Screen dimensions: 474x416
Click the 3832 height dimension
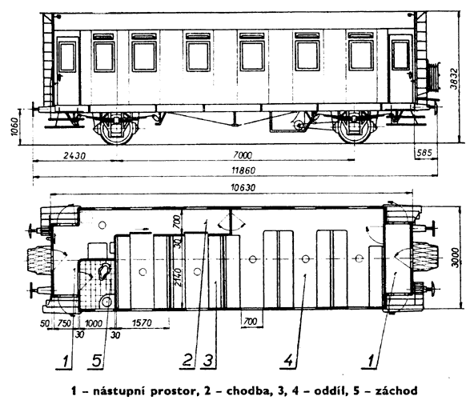click(x=454, y=79)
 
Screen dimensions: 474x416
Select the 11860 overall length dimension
click(x=243, y=170)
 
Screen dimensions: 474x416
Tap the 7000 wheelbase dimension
click(x=243, y=155)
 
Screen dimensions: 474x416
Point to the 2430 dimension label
click(x=74, y=156)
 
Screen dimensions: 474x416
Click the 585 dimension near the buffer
click(x=424, y=153)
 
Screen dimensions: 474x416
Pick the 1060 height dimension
click(x=14, y=126)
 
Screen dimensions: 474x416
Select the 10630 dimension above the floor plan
click(x=243, y=188)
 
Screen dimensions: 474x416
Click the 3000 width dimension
click(x=456, y=258)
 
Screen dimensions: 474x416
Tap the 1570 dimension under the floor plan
click(x=142, y=322)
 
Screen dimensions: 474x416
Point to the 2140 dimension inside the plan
click(x=178, y=278)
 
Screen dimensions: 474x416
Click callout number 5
click(x=97, y=361)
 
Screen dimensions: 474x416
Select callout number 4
click(x=289, y=361)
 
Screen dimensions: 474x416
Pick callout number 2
click(x=187, y=361)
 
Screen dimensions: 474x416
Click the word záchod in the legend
click(x=396, y=390)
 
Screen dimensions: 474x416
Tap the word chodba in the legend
click(x=247, y=390)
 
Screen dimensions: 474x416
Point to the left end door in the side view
click(x=68, y=70)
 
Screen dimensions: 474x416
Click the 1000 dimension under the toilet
click(x=94, y=323)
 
